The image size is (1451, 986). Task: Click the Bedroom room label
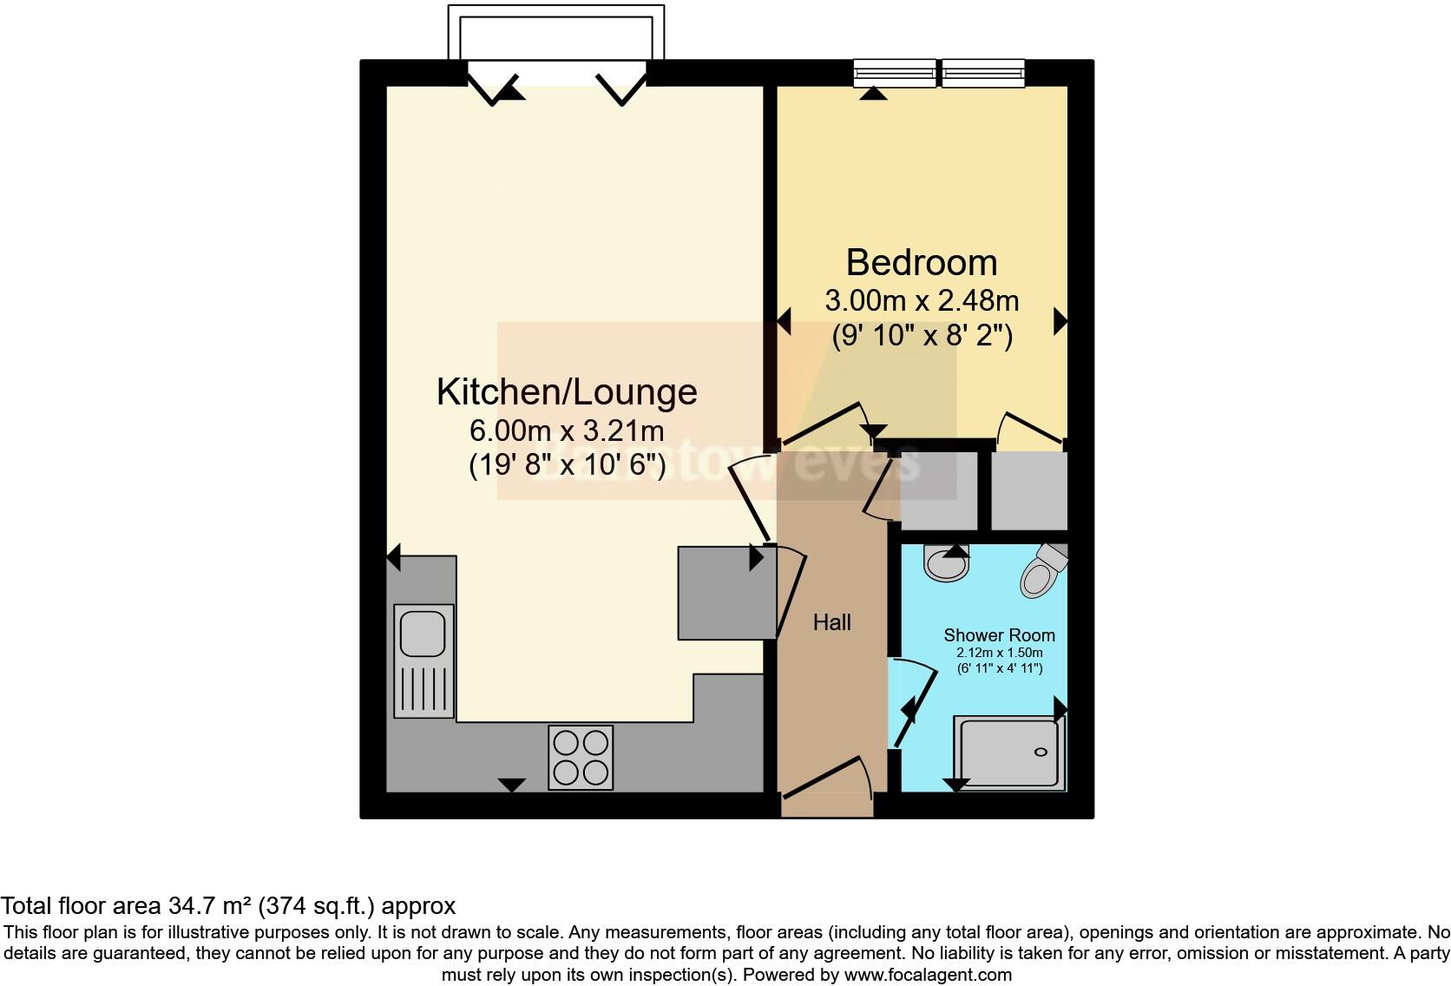922,262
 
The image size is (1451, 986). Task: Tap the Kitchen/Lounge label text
567,391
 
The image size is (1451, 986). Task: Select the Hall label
831,622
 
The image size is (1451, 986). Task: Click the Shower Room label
999,635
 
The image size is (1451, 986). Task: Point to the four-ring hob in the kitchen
581,757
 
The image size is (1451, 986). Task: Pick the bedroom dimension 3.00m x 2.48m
922,301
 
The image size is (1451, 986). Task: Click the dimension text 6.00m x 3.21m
567,431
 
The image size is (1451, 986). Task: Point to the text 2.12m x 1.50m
999,653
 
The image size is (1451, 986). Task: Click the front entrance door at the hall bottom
824,779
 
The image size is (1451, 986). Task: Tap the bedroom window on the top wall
939,73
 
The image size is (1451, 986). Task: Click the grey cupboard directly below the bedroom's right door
1028,490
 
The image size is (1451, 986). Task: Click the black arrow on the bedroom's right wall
1060,322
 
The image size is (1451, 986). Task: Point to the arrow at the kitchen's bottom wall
512,785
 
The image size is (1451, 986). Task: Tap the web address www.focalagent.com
927,974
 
